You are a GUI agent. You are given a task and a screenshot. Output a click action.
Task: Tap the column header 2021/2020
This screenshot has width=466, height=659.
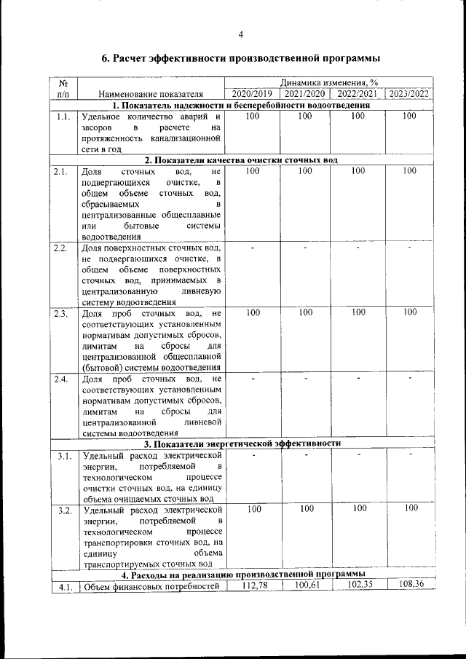pos(305,94)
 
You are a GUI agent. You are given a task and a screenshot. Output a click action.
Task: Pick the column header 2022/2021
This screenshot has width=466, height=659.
pos(357,94)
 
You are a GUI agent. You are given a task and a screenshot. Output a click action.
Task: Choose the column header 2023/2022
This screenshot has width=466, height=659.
pos(409,94)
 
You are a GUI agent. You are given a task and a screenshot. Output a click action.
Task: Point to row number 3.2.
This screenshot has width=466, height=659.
pos(63,510)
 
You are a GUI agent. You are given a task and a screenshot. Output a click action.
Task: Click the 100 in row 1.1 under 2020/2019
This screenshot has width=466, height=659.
pos(253,116)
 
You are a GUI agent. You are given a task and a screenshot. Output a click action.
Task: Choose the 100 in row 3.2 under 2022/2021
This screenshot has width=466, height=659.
pos(359,508)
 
